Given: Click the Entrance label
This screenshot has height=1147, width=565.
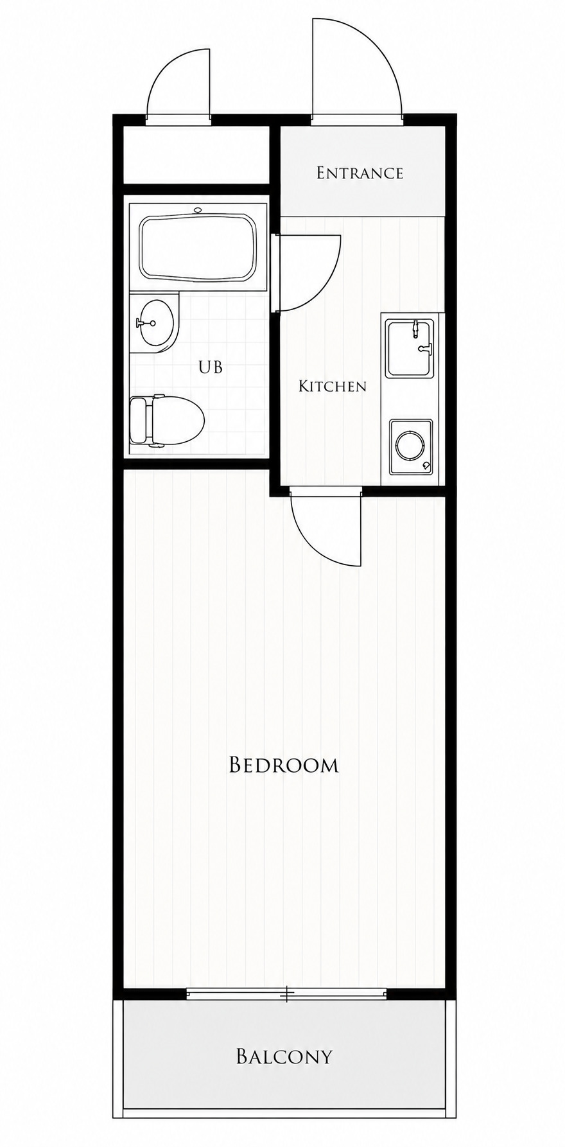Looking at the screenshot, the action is coord(360,173).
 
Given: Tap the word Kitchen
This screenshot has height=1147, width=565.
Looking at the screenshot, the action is coord(333,386).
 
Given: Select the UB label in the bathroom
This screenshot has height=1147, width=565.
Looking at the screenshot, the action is coord(211,367).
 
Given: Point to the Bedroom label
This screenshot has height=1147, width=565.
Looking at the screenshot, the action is coord(284,765).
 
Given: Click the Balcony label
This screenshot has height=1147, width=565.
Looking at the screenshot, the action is coord(284,1056).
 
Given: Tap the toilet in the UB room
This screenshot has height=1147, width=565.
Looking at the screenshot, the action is coord(167,421).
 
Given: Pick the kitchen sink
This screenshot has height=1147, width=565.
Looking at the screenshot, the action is coord(408,349).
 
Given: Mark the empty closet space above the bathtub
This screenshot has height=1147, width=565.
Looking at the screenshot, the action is coord(196,156).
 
